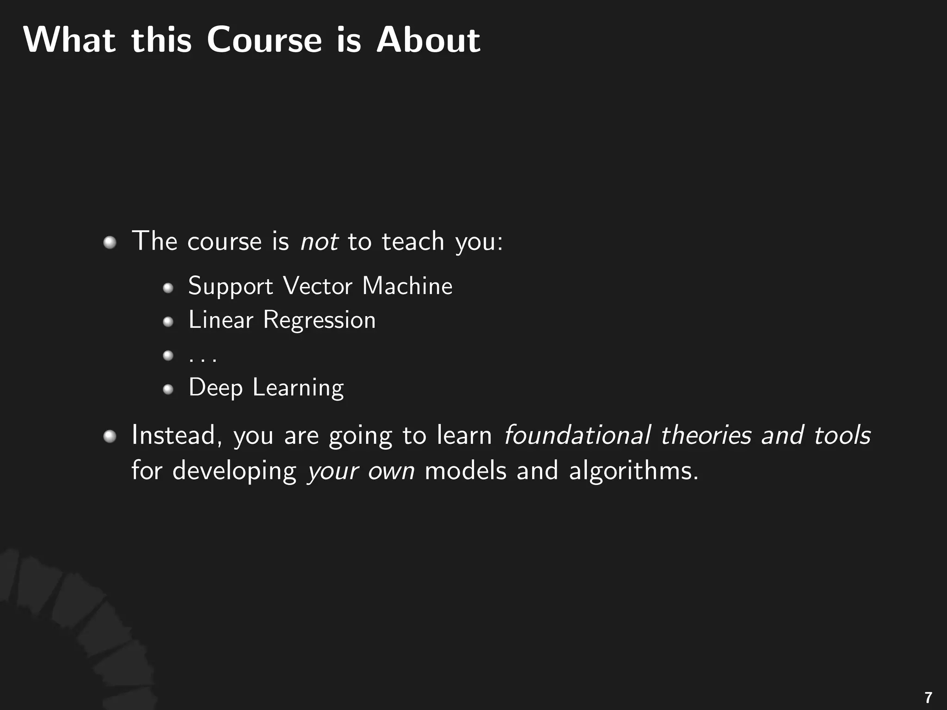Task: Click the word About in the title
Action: coord(428,40)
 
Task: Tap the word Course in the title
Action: coord(264,40)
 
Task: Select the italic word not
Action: coord(319,242)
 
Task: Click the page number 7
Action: coord(928,697)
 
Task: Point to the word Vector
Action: coord(318,286)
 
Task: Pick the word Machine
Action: coord(407,286)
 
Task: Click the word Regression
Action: coord(319,320)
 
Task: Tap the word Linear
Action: coord(221,320)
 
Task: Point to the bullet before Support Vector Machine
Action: coord(168,288)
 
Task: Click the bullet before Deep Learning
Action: coord(168,390)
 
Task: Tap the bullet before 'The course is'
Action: coord(110,242)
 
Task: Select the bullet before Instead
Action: coord(110,436)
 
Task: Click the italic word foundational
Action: coord(577,435)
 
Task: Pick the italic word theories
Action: coord(706,435)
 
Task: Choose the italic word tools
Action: coord(842,435)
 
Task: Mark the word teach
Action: coord(413,242)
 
